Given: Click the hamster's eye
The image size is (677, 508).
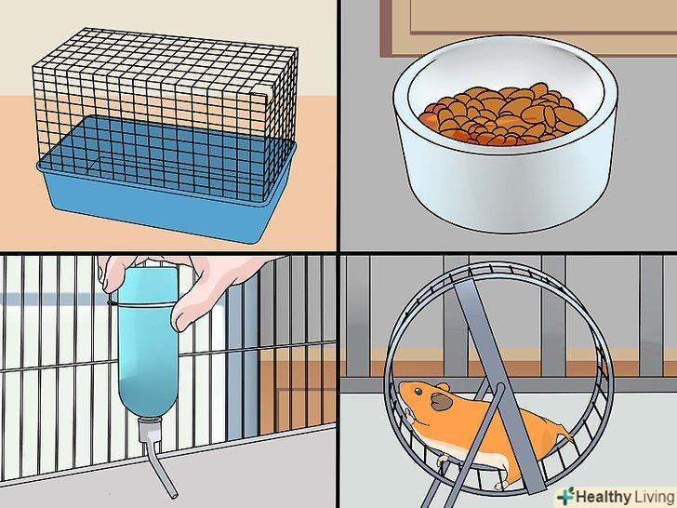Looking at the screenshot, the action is point(418,392).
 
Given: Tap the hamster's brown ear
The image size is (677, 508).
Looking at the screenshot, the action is point(441,402).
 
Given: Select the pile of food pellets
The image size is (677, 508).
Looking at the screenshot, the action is point(504,114).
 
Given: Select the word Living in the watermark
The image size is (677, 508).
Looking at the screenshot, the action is point(654,497).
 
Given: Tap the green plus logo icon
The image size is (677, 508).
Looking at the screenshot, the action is point(565,496).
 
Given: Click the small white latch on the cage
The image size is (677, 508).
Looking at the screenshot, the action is point(260,90).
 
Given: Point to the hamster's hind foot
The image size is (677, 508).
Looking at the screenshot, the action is point(501,485).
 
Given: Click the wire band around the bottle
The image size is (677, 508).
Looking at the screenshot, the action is point(142,304).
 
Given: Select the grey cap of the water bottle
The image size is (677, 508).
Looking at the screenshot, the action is point(150,429).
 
